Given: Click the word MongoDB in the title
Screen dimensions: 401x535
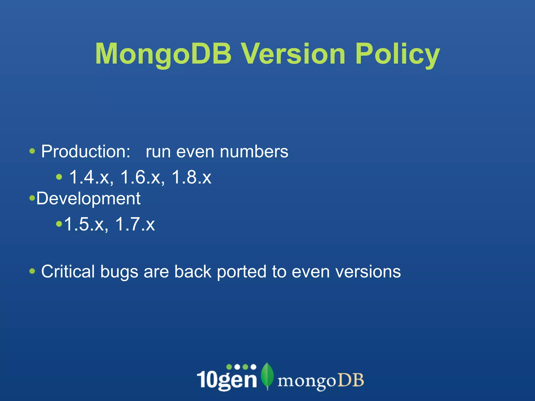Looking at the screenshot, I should pyautogui.click(x=163, y=54).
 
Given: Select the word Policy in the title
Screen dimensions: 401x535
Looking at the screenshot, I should pyautogui.click(x=397, y=54).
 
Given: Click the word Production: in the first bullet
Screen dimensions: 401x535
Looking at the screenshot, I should pyautogui.click(x=86, y=152).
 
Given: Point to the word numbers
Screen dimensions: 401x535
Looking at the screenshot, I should pyautogui.click(x=254, y=152).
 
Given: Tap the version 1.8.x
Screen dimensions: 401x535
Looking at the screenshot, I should pyautogui.click(x=191, y=177).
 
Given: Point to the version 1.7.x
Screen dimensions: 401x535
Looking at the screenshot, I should pyautogui.click(x=135, y=224).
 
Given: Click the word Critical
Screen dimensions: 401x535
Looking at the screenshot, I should pyautogui.click(x=68, y=272).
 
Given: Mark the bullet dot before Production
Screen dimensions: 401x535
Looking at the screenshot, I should pyautogui.click(x=32, y=151).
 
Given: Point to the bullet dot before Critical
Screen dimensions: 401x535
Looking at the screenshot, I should pyautogui.click(x=32, y=271).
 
